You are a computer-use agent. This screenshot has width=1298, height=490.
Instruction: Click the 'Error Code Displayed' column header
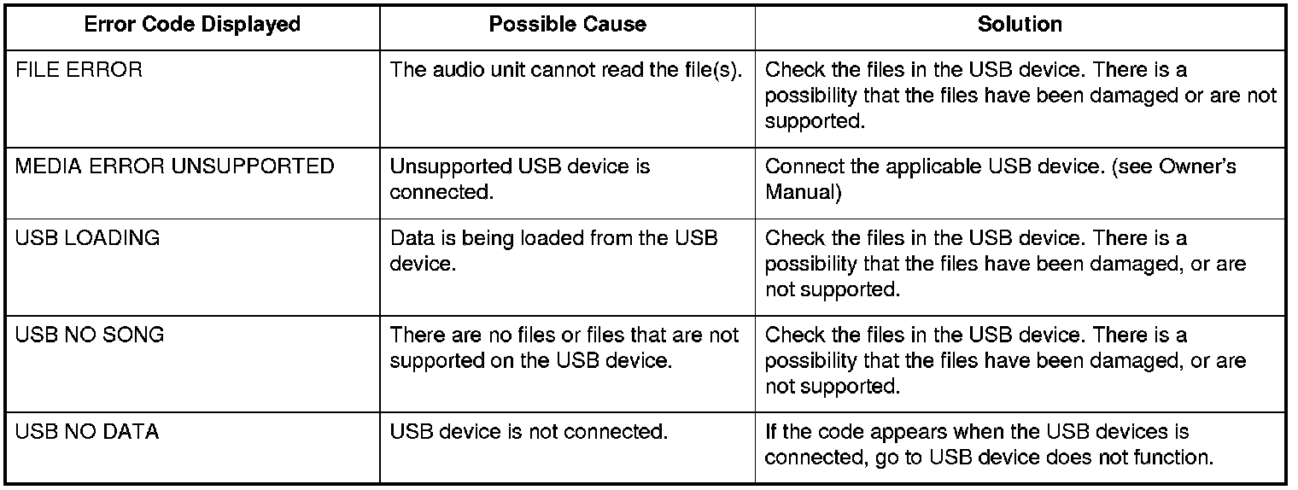coord(192,25)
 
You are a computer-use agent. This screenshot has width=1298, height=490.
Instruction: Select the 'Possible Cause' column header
coord(567,25)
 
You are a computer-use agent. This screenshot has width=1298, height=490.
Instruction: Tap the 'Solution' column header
coord(1020,25)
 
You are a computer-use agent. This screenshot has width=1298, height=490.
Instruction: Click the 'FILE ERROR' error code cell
coord(79,70)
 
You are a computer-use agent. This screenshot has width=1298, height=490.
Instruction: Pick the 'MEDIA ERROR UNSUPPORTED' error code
coord(174,166)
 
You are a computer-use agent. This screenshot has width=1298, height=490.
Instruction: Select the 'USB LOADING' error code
coord(87,238)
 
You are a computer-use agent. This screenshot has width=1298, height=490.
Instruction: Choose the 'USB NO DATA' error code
coord(87,432)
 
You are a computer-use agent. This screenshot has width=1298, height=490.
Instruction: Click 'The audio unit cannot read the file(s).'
coord(566,70)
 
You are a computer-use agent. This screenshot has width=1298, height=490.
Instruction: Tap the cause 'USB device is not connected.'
coord(529,432)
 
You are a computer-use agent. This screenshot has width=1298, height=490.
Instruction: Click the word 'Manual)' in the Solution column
coord(804,192)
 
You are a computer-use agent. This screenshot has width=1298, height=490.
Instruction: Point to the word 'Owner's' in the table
coord(1197,166)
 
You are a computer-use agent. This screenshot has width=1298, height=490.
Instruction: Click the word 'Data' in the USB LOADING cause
coord(408,238)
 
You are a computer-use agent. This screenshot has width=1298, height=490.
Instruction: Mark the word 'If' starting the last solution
coord(770,432)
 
